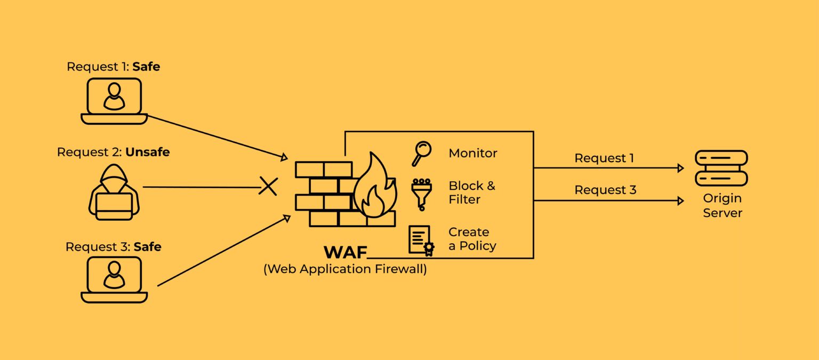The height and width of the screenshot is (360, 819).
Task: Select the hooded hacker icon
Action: click(x=114, y=193)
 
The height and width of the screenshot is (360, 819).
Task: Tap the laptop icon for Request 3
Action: click(x=114, y=279)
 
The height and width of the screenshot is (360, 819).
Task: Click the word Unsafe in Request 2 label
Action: click(x=147, y=152)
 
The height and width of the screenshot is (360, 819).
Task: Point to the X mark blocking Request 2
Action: click(x=268, y=187)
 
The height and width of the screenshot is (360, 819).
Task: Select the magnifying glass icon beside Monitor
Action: click(x=421, y=154)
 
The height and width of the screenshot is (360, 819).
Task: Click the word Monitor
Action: click(x=472, y=154)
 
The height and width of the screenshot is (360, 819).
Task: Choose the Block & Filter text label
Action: click(x=471, y=193)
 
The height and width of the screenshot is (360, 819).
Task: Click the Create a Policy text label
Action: click(x=472, y=239)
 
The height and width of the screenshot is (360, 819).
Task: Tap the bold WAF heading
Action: click(x=345, y=252)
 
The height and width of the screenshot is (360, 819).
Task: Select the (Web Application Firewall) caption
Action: click(x=345, y=269)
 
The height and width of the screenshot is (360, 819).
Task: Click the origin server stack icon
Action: click(x=721, y=167)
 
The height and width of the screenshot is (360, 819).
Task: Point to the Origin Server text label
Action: click(x=722, y=205)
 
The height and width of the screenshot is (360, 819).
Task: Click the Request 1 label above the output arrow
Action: click(x=604, y=158)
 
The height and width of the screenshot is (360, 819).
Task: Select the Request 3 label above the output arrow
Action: click(x=605, y=190)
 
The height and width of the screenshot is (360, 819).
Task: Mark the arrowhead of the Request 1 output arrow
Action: click(x=680, y=168)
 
